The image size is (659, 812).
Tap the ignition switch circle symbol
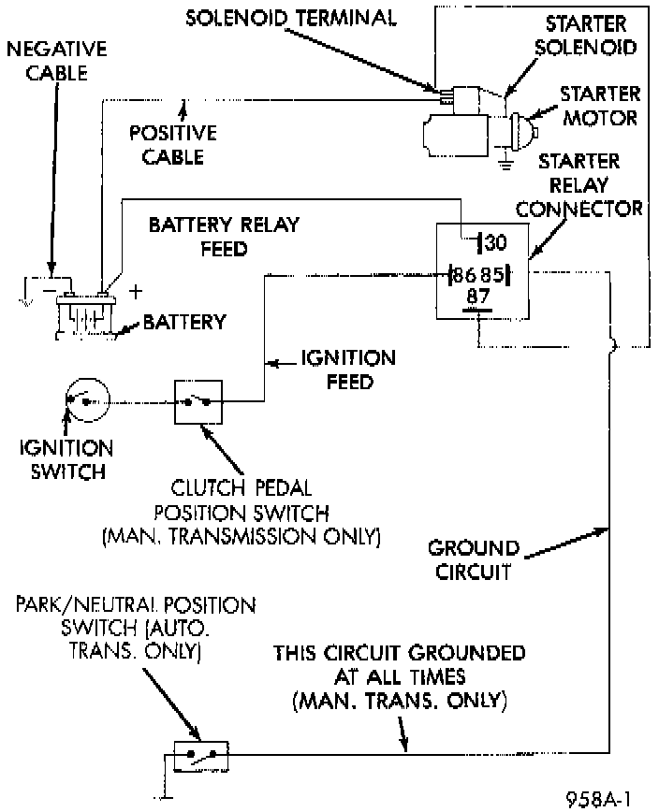(87, 402)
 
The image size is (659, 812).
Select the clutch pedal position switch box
(197, 402)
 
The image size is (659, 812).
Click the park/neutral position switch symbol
(199, 753)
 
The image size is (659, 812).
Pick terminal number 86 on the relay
(463, 276)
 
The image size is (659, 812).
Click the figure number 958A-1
(599, 798)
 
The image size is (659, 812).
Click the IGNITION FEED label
(348, 370)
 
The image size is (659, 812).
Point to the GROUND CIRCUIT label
(474, 559)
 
